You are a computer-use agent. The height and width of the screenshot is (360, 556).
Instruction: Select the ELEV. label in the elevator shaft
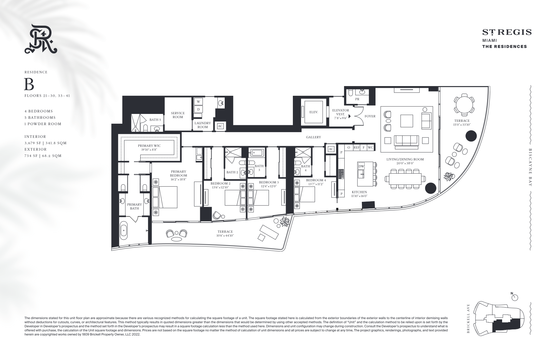pyautogui.click(x=313, y=112)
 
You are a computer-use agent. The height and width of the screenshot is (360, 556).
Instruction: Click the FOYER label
pyautogui.click(x=370, y=116)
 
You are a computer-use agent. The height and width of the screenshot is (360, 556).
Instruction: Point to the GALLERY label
pyautogui.click(x=313, y=137)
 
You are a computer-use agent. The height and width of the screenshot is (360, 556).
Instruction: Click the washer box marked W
pyautogui.click(x=198, y=102)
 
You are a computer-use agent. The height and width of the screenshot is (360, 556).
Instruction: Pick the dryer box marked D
pyautogui.click(x=198, y=109)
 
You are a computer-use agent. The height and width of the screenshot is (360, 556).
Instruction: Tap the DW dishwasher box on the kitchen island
pyautogui.click(x=361, y=166)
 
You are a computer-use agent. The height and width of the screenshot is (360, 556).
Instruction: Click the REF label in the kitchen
pyautogui.click(x=356, y=148)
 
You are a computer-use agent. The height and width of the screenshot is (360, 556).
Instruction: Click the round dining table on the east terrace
pyautogui.click(x=464, y=105)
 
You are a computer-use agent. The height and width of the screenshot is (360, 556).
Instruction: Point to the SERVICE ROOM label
pyautogui.click(x=178, y=115)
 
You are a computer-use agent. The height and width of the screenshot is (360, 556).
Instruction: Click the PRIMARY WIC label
pyautogui.click(x=149, y=146)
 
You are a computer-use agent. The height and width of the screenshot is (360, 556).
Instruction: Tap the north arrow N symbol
pyautogui.click(x=515, y=297)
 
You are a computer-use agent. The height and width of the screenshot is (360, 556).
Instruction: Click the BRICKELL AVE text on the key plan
pyautogui.click(x=468, y=318)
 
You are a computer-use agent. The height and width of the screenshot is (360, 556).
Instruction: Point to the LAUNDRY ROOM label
pyautogui.click(x=203, y=125)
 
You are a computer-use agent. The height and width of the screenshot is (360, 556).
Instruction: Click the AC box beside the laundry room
pyautogui.click(x=220, y=126)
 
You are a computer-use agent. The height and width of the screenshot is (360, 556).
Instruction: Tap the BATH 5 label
pyautogui.click(x=155, y=120)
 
